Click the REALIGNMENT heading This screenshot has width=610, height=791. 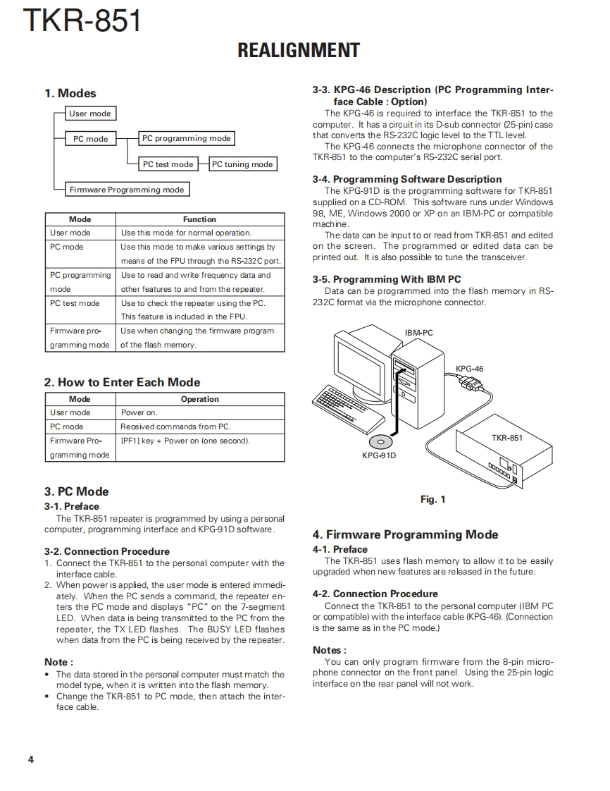point(299,51)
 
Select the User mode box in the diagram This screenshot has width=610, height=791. point(90,114)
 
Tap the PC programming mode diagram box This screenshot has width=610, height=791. point(186,139)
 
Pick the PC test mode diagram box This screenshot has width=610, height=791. point(168,164)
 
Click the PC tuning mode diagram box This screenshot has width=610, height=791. point(242,164)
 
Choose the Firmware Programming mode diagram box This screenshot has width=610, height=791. point(127,190)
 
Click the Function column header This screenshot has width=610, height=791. point(199,219)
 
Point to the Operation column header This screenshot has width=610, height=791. point(199,399)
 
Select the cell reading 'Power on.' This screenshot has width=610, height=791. point(139,412)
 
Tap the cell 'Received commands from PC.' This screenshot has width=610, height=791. point(175,427)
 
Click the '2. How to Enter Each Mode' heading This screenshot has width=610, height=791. point(122,382)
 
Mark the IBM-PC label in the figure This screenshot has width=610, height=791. point(419,333)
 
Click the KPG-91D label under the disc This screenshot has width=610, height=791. point(379,455)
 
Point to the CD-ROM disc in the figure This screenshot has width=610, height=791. point(380,442)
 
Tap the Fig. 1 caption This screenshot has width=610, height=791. point(432,499)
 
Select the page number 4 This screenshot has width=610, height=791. point(30,759)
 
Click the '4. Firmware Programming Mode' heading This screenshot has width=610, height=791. point(405,535)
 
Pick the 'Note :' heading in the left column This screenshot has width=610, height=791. point(58,662)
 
